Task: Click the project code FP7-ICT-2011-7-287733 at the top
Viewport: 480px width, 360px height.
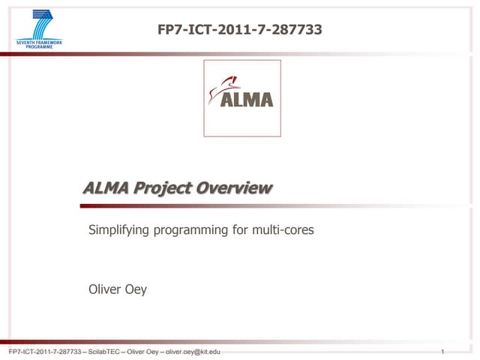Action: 240,30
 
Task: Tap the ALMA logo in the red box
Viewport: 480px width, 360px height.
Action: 242,97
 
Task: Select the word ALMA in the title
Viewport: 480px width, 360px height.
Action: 106,188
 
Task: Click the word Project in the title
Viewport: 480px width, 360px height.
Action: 161,189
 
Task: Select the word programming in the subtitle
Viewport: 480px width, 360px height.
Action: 193,231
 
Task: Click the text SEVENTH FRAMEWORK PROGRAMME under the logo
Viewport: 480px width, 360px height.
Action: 40,44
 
